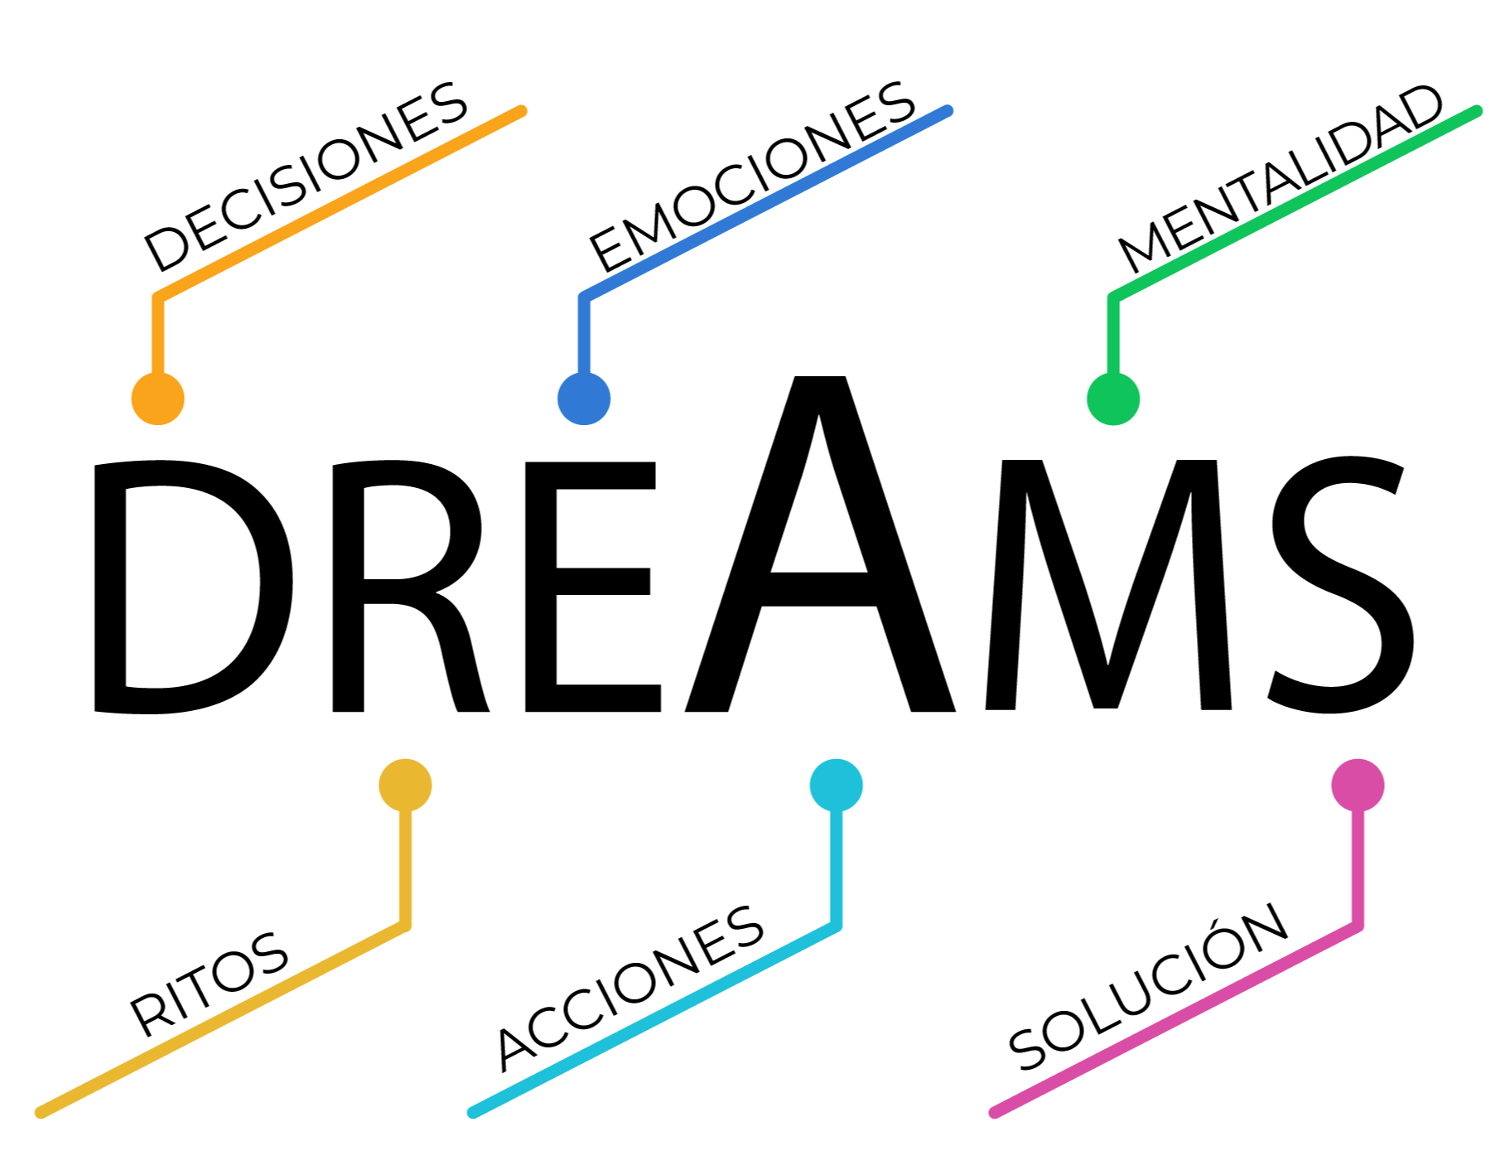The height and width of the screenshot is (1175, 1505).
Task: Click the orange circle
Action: pos(157,399)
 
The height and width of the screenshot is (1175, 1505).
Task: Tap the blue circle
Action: pos(584,399)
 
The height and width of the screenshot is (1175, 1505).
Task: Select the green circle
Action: pos(1113,399)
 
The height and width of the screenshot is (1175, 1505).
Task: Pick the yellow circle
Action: pos(405,785)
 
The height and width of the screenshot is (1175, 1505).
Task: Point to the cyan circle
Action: pos(836,785)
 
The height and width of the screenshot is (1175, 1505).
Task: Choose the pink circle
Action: pos(1358,785)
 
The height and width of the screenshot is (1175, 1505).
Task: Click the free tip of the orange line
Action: pos(522,110)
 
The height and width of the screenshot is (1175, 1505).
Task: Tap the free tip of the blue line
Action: pos(948,110)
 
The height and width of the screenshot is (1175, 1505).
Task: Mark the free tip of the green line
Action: pos(1478,110)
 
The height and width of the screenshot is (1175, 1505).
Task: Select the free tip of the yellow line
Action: pos(40,1113)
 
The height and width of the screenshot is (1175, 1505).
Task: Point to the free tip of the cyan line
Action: pos(472,1113)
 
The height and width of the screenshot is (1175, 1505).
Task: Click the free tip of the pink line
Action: pos(994,1113)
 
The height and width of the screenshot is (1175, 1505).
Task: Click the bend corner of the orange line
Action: pos(157,297)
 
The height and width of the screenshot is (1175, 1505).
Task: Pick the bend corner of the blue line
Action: pos(584,297)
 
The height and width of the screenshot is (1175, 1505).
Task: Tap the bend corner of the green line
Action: pos(1113,297)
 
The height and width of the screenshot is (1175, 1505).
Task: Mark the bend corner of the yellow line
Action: pos(405,926)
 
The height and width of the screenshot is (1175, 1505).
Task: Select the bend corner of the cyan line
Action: pos(836,926)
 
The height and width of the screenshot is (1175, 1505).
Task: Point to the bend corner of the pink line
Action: pos(1358,926)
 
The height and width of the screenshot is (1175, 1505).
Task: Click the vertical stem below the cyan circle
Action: pos(836,866)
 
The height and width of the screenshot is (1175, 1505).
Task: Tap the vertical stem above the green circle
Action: pos(1113,336)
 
